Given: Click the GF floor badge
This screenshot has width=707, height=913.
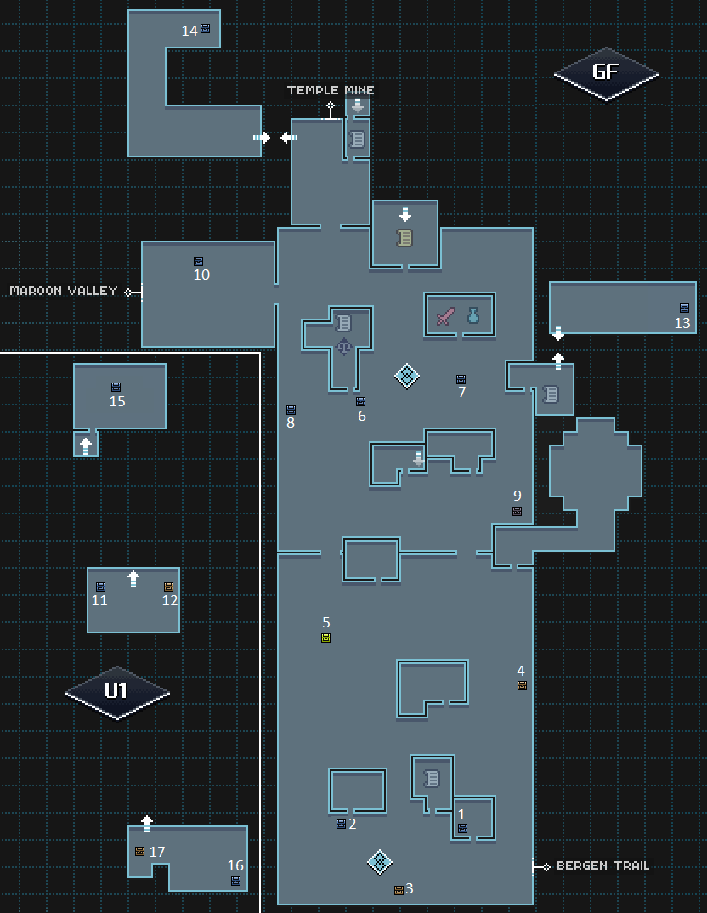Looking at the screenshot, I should (606, 73).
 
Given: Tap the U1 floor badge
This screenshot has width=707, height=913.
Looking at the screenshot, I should (116, 691).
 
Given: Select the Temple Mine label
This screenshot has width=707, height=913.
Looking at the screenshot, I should (331, 90).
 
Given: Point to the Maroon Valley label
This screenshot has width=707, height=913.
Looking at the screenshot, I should (64, 291).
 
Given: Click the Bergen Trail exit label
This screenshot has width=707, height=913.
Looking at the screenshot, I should (602, 865).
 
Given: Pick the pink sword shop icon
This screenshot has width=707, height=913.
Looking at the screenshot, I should (446, 317).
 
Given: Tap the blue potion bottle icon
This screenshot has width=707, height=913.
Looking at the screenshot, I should (473, 316).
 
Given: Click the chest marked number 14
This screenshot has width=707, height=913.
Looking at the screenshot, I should (205, 29).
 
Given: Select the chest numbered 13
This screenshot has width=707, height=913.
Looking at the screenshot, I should (684, 309).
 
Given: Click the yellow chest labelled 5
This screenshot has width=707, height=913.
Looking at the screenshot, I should (325, 638).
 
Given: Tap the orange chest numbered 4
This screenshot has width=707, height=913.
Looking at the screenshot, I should (522, 685).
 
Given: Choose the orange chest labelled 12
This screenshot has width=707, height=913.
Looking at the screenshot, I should (168, 587).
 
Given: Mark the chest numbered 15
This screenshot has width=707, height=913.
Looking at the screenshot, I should (116, 388).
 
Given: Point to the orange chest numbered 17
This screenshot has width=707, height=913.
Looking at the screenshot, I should (139, 851).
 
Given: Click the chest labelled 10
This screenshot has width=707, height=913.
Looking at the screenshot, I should (198, 262).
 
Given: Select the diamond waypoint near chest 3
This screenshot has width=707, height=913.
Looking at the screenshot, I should (379, 862).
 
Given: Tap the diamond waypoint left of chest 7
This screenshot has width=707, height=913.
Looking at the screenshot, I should (406, 375).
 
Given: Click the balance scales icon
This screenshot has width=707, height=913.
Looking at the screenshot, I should (343, 346).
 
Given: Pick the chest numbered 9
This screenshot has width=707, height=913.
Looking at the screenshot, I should (517, 511).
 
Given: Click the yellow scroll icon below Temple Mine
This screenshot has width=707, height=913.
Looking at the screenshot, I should (404, 238).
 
